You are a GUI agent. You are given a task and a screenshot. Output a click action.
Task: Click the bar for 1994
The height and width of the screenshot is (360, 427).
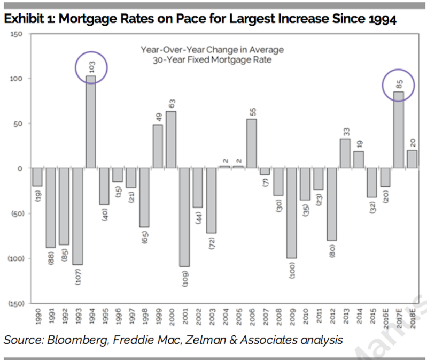click(91, 122)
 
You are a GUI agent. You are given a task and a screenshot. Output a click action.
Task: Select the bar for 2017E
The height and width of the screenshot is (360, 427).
click(398, 130)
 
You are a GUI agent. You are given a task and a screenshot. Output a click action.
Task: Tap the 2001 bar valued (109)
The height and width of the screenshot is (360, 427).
click(184, 217)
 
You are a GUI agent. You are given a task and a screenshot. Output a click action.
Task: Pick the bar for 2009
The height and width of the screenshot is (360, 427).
click(292, 213)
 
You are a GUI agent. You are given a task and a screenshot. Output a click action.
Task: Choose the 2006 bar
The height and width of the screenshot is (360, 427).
click(252, 143)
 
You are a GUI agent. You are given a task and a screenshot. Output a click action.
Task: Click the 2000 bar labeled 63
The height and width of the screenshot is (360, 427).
click(171, 140)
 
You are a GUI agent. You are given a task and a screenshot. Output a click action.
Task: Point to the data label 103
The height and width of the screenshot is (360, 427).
click(92, 67)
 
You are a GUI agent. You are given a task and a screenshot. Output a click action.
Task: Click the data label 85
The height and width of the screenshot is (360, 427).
click(399, 84)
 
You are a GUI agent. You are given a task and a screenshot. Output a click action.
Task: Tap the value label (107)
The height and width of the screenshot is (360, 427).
click(78, 277)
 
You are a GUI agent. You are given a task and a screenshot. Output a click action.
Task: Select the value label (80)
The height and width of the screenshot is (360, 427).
click(332, 251)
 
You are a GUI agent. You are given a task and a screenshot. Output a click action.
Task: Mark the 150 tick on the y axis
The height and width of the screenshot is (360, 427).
click(17, 34)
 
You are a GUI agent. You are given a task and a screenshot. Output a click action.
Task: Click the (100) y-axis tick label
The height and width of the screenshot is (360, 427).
click(17, 258)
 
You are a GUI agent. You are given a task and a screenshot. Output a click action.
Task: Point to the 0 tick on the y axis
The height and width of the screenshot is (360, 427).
click(20, 168)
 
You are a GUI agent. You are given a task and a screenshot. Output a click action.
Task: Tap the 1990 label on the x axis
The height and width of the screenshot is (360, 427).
click(38, 317)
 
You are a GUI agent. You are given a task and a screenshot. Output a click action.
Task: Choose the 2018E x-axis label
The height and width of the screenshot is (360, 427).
click(413, 319)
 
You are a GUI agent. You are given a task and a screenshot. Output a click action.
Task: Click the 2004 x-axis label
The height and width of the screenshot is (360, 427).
click(226, 317)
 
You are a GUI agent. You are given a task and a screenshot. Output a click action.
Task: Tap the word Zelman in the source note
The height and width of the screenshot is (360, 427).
click(206, 340)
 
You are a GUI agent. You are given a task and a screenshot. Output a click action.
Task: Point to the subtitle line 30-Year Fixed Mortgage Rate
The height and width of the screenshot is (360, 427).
click(212, 60)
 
